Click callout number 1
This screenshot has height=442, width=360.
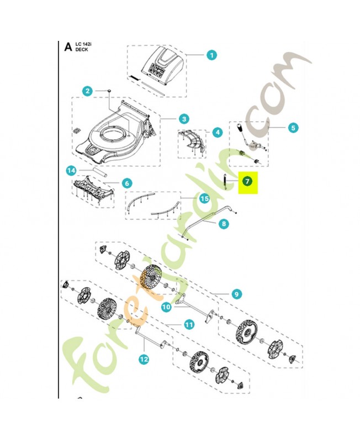point(211,55)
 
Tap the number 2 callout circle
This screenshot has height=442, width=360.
point(88,91)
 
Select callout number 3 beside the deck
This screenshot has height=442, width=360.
point(184,119)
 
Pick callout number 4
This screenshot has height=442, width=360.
point(217,132)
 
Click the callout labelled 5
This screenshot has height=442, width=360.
point(293,128)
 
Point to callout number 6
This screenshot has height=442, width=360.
point(127,183)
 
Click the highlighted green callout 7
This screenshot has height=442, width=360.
point(247,181)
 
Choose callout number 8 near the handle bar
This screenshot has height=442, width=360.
point(224,224)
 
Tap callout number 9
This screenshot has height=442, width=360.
point(236,294)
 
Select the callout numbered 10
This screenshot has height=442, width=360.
point(166,307)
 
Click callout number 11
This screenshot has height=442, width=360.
point(189,325)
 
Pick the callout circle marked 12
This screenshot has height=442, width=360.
point(144,359)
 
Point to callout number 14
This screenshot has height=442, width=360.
point(71,171)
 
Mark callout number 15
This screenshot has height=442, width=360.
point(204,199)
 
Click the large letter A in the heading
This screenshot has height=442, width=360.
point(68,47)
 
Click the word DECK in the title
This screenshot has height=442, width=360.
point(82,50)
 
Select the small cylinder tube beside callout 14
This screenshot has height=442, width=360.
point(99,172)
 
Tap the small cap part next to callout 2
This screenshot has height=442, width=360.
point(109,91)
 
